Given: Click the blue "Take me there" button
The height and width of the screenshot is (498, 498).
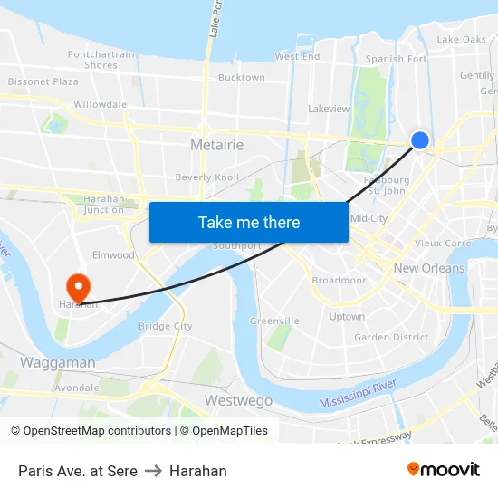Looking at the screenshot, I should [x=249, y=222].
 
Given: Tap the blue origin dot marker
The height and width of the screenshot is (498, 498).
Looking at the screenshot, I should [x=420, y=139].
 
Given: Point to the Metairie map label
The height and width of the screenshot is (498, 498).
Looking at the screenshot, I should [x=217, y=145].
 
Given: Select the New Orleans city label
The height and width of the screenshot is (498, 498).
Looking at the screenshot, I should [x=429, y=268].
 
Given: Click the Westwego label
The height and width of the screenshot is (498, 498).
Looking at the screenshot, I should [x=238, y=400].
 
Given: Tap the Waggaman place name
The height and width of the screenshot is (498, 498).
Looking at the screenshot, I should [x=57, y=362].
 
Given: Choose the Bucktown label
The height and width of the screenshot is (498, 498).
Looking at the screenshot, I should [x=242, y=78].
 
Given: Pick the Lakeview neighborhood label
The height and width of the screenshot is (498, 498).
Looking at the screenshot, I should [x=329, y=109].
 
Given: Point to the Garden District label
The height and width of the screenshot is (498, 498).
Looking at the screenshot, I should [x=391, y=337].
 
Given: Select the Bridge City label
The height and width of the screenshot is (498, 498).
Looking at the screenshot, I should [x=165, y=326].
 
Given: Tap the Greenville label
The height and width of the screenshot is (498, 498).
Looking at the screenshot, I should [x=274, y=321].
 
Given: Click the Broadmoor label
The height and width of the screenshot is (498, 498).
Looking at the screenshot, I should [x=339, y=281].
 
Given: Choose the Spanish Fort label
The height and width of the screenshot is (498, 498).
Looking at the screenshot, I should [x=396, y=60].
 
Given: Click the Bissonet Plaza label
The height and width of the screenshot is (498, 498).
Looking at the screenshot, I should [x=43, y=81].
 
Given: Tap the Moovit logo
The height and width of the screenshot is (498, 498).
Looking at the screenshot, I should [x=444, y=469].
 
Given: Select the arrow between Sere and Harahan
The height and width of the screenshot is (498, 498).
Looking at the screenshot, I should [x=153, y=471].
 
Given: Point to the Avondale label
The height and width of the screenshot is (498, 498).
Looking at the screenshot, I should [x=77, y=388].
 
